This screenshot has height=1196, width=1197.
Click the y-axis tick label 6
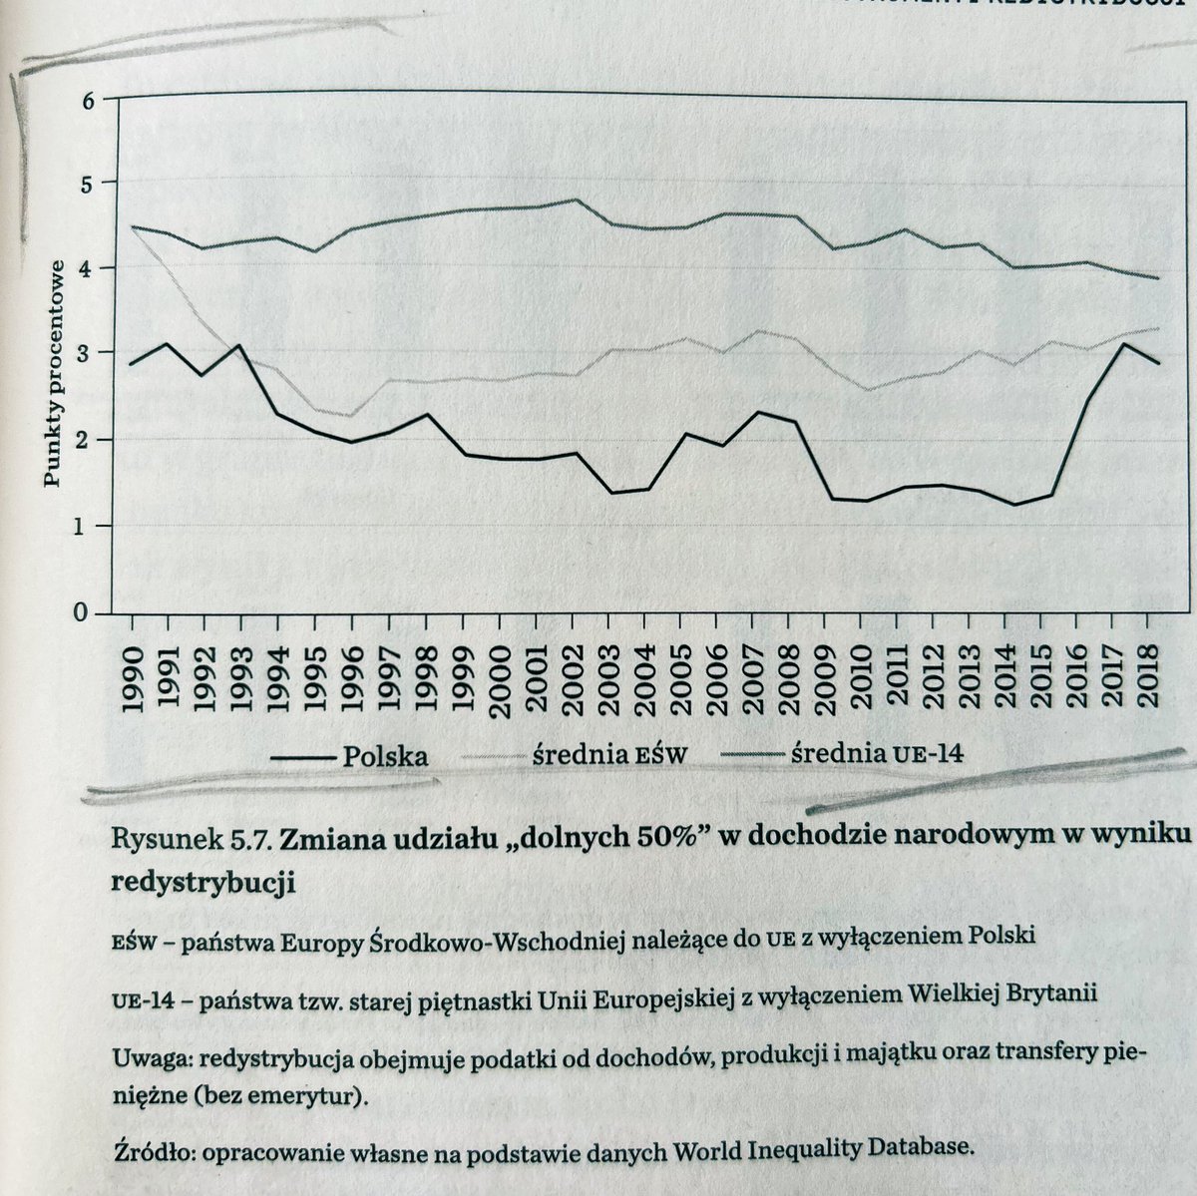[88, 98]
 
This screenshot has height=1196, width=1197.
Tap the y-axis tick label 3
[89, 354]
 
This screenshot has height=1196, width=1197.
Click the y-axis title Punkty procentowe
[57, 372]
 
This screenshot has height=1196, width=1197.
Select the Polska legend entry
[349, 755]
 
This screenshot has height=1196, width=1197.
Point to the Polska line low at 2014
[1014, 505]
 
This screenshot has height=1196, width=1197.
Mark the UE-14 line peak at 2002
[577, 199]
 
